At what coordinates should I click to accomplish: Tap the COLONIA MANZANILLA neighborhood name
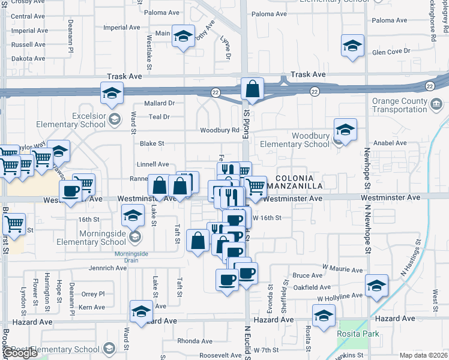click(x=303, y=183)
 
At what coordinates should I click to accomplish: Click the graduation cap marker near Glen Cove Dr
click(x=353, y=46)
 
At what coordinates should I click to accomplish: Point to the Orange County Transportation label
click(x=399, y=105)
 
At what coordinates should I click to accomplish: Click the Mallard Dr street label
click(x=159, y=103)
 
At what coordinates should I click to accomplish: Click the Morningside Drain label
click(x=131, y=254)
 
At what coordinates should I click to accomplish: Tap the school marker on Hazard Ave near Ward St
click(x=141, y=311)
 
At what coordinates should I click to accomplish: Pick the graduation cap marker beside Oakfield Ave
click(x=376, y=286)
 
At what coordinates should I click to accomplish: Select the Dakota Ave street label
click(x=29, y=59)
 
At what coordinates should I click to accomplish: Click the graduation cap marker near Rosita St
click(x=324, y=316)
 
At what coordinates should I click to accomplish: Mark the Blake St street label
click(x=152, y=144)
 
